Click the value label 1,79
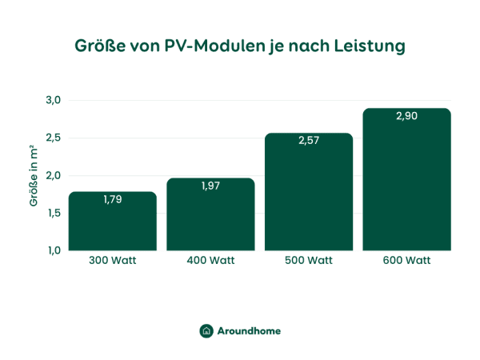click(113, 199)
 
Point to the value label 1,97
click(210, 186)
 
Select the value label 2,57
click(309, 141)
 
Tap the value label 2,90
click(406, 116)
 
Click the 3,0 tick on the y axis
click(54, 101)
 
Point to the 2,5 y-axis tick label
click(54, 138)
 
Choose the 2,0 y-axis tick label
click(54, 176)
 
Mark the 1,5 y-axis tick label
click(54, 214)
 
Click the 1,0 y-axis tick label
click(54, 251)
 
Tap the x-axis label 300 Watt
click(113, 261)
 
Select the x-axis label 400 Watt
click(210, 261)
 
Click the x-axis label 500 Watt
click(309, 261)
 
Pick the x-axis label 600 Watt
click(406, 261)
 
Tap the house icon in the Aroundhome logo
click(206, 330)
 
